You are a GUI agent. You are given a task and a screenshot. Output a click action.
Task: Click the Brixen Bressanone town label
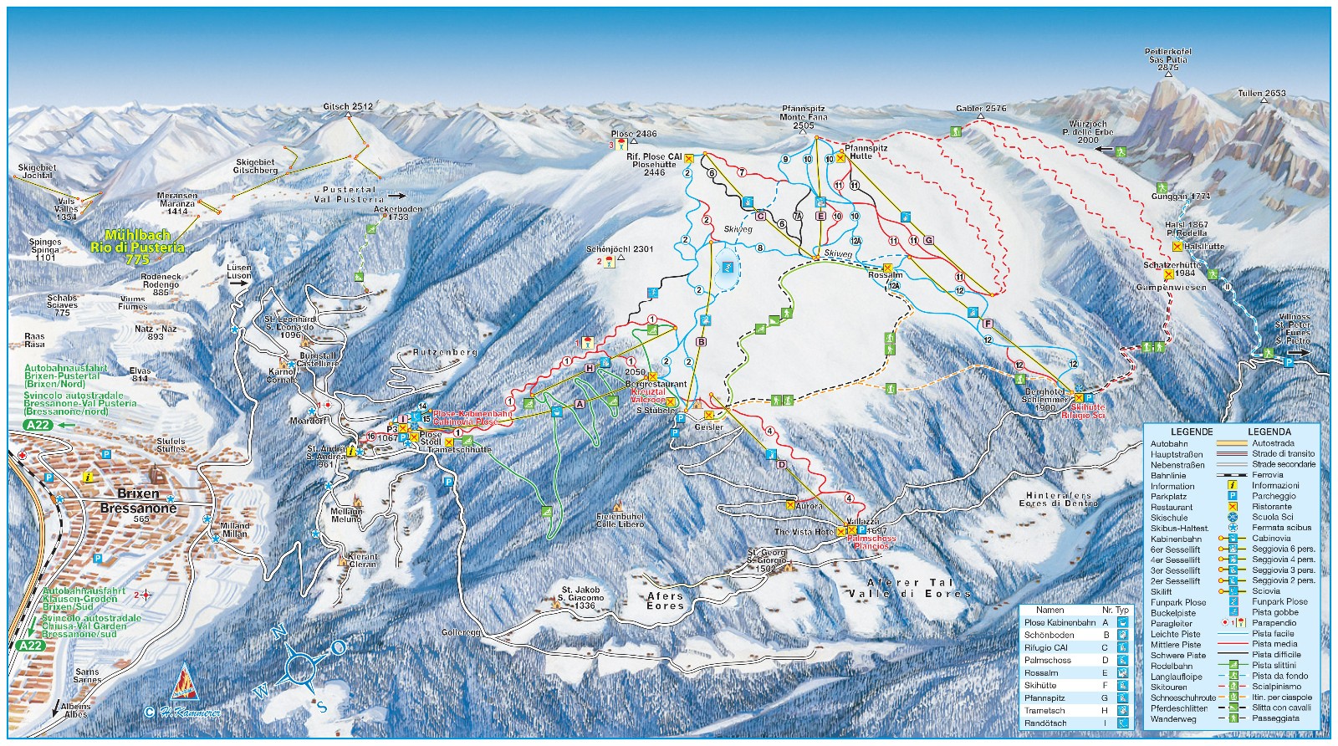(139, 501)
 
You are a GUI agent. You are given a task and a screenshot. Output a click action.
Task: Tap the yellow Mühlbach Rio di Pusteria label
(144, 248)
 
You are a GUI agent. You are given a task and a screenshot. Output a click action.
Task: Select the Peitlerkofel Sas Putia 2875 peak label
(1168, 60)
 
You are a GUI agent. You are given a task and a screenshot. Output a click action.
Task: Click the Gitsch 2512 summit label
(348, 107)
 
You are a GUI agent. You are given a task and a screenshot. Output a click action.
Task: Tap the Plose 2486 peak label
(634, 134)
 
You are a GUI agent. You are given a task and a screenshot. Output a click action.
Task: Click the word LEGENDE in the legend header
(1191, 432)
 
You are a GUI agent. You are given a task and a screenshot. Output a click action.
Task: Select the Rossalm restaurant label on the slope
(885, 275)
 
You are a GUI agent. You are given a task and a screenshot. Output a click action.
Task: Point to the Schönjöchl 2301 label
(620, 249)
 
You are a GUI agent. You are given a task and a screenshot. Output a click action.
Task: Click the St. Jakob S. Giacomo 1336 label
(581, 598)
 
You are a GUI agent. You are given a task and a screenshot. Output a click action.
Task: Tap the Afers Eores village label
(666, 600)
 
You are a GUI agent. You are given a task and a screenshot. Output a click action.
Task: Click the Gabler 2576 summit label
(981, 109)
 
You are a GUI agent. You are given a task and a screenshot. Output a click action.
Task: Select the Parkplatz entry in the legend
(1168, 497)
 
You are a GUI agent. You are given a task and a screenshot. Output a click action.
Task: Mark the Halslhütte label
(1204, 247)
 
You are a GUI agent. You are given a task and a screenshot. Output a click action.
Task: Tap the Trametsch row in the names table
(1044, 711)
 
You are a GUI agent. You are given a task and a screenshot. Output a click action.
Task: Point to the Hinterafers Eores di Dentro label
(1058, 499)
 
